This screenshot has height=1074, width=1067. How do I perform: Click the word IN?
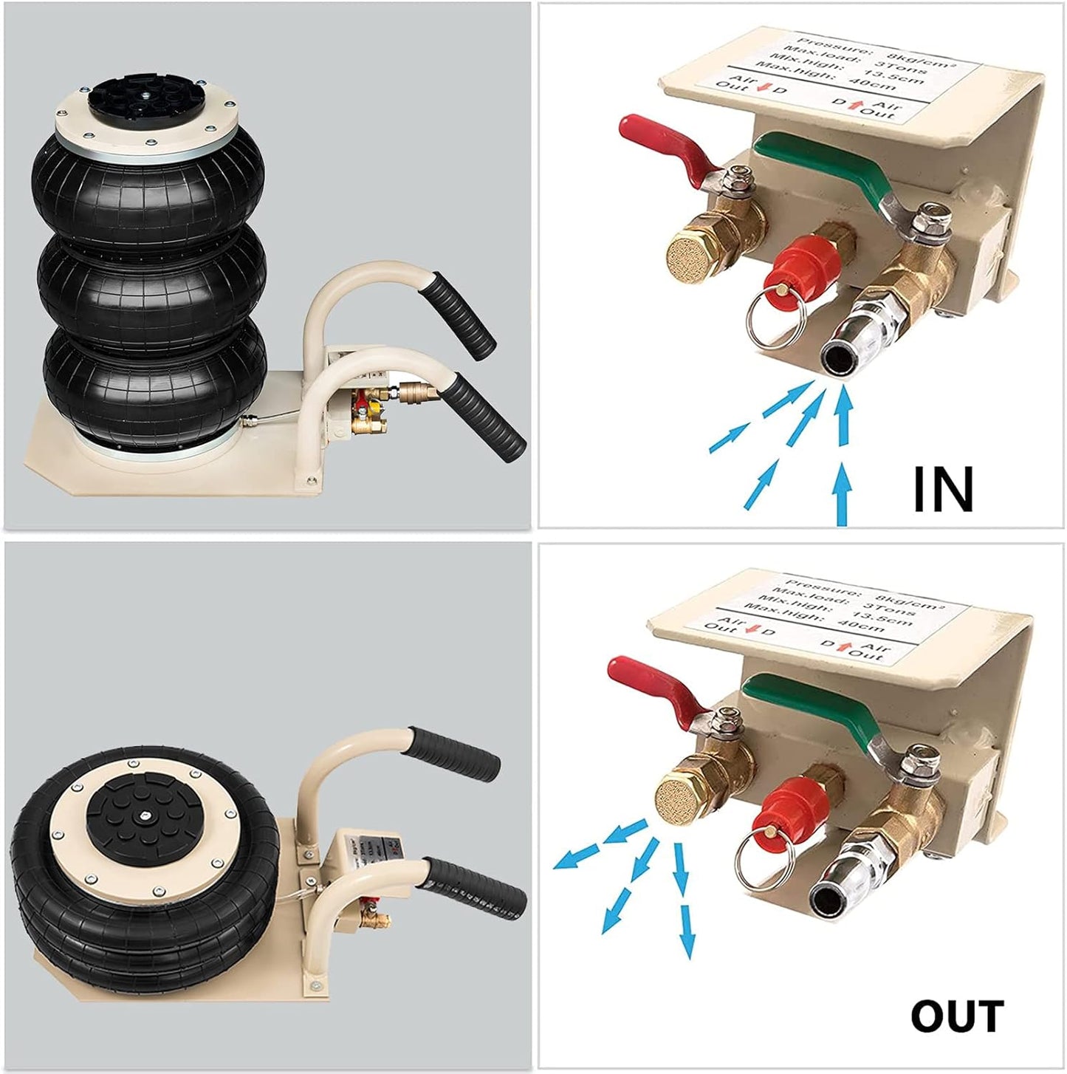tap(943, 489)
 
